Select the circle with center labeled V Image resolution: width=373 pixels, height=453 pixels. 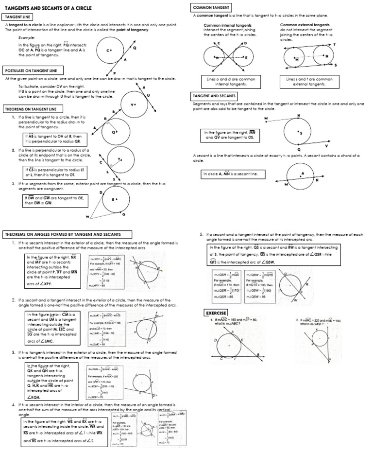(x=133, y=104)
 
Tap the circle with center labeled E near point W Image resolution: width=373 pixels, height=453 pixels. (x=115, y=200)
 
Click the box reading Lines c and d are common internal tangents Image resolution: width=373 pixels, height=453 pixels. (x=224, y=81)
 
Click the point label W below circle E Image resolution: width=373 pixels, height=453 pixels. (x=88, y=216)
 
